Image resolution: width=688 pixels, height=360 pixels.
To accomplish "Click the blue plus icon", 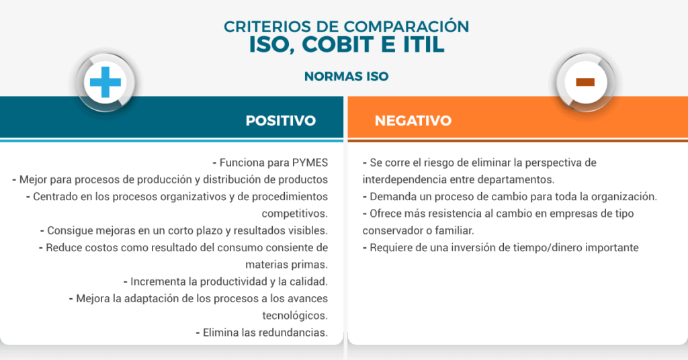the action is point(105,82).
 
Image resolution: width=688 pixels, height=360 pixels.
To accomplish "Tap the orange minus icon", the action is point(585,82).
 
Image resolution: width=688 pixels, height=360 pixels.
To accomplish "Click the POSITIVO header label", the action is point(281,121).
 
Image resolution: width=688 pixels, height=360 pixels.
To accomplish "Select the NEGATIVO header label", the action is point(413,121).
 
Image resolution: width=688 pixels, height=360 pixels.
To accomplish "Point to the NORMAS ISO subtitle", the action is point(346,77).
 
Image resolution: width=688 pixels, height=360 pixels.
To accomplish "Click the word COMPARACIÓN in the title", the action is point(406,26).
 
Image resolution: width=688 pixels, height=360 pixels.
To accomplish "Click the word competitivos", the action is point(295,214).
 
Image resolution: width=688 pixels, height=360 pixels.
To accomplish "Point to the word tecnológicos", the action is point(295,316).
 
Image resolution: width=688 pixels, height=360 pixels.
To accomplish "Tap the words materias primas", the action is point(286,265).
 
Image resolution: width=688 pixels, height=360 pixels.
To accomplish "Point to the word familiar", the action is point(455,230).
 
